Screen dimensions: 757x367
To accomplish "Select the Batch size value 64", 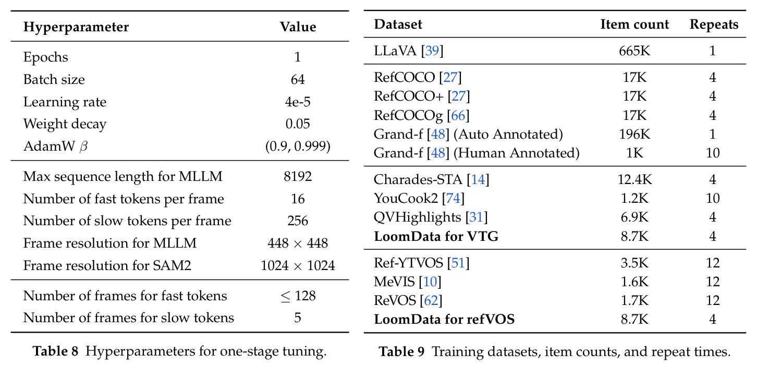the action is point(298,79).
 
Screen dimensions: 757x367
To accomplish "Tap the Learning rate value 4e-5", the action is point(298,102).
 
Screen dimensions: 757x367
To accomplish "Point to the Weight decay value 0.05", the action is point(298,124).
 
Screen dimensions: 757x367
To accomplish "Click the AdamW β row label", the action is point(55,146).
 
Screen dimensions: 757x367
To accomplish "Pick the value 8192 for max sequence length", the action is point(298,176).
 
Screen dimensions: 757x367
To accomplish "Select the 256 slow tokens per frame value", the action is point(298,221).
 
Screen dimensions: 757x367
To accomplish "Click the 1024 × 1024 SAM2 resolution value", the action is point(298,266).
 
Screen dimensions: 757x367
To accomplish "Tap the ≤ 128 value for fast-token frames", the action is point(298,296).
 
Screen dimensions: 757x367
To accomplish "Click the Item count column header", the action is point(634,25).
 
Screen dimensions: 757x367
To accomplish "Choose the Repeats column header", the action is point(714,25).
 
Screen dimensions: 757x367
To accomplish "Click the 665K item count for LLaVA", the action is point(634,51).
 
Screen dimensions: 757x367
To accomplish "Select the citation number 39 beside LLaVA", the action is point(432,51).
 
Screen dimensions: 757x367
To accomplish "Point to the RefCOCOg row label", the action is point(421,116).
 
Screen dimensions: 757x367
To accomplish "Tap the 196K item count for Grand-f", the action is point(634,134).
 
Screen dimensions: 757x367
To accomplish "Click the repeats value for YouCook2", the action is point(713,199).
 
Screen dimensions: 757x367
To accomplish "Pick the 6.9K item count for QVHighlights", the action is point(634,217).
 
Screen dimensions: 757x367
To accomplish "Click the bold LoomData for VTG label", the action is point(436,236).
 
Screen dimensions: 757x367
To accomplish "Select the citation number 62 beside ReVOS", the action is point(431,300).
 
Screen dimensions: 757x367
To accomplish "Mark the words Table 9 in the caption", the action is point(401,352).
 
